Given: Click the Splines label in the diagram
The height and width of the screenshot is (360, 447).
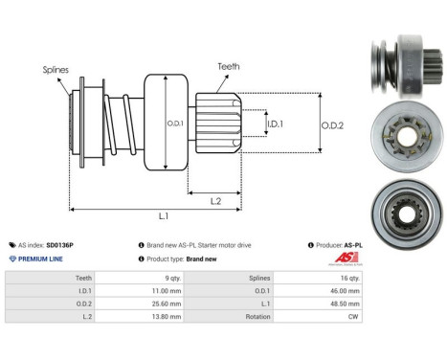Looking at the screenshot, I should coord(56,70).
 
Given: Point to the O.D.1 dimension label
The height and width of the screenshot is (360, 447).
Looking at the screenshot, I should coord(173,123).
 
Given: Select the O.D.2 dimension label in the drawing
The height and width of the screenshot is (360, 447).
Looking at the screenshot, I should coord(331,123).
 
